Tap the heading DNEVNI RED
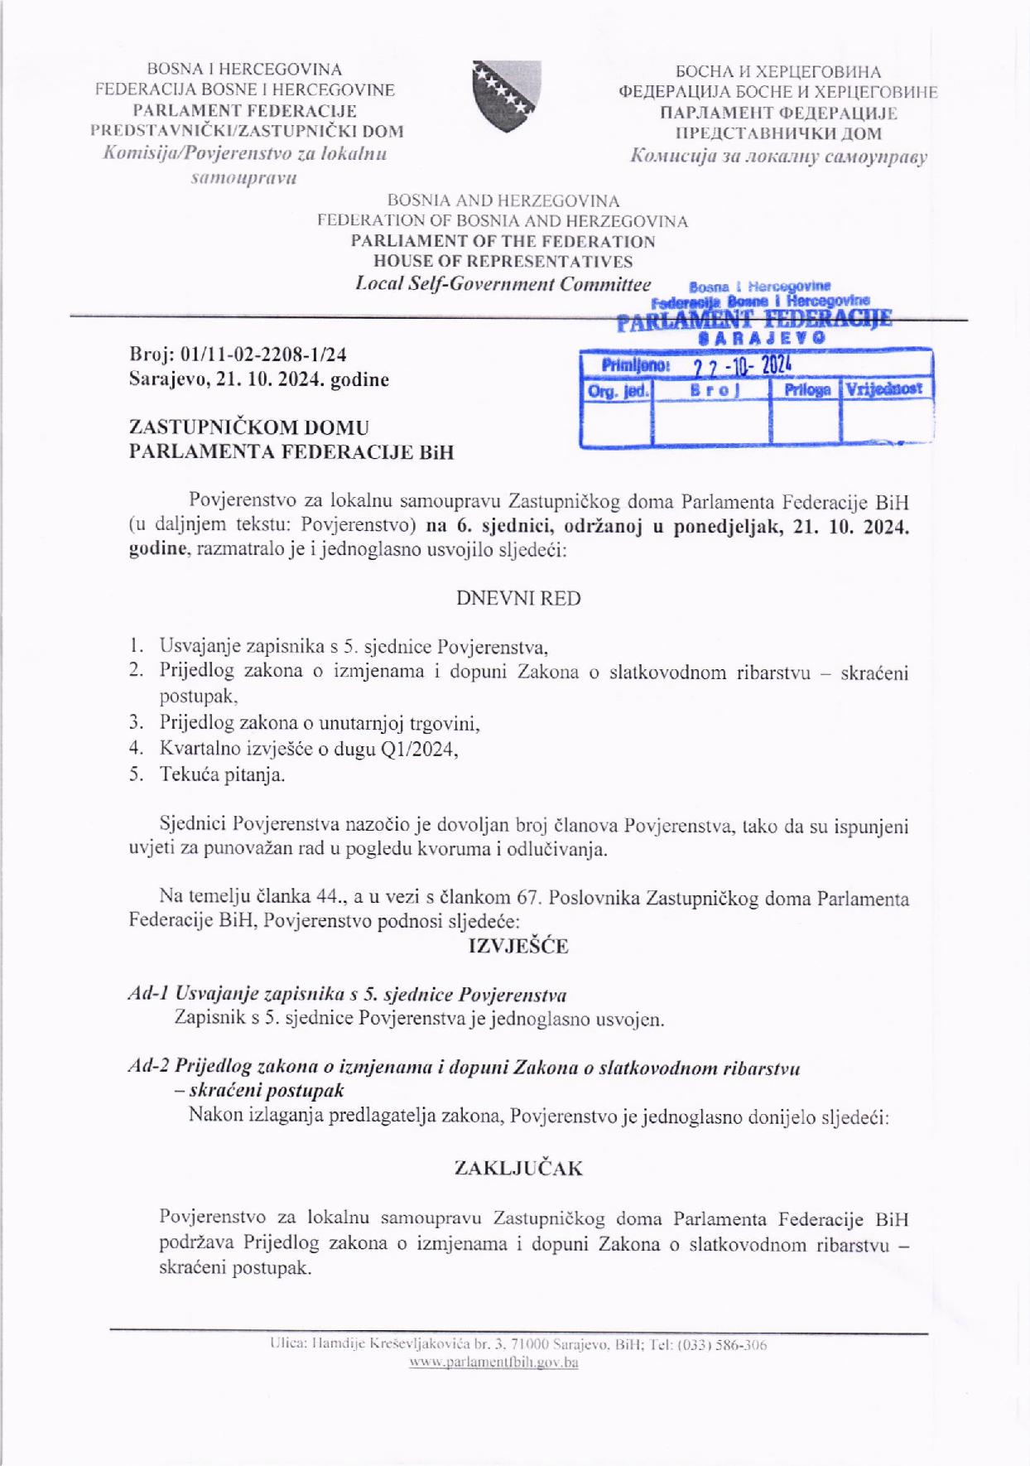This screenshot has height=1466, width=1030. click(x=518, y=598)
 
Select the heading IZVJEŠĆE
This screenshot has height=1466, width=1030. click(x=518, y=946)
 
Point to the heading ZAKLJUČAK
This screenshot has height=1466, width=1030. click(x=518, y=1169)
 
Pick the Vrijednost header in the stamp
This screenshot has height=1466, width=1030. click(x=885, y=388)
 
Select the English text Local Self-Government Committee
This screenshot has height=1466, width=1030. click(x=503, y=284)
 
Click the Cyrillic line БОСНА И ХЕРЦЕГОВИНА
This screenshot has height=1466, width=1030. click(x=777, y=72)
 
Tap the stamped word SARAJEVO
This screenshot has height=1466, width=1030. click(x=761, y=339)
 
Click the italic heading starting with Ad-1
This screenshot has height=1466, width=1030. click(x=348, y=994)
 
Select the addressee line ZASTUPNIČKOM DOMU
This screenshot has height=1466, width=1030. click(x=249, y=427)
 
